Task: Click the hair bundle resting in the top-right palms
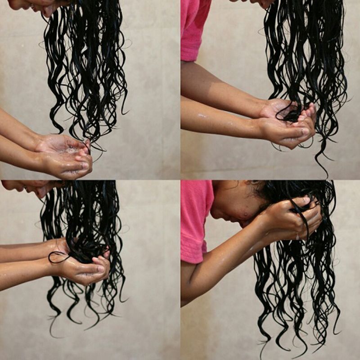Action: tap(292, 112)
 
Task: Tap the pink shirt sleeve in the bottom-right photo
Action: tap(196, 220)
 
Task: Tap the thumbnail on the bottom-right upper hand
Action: tap(306, 200)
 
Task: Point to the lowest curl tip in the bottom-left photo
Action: tap(54, 335)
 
